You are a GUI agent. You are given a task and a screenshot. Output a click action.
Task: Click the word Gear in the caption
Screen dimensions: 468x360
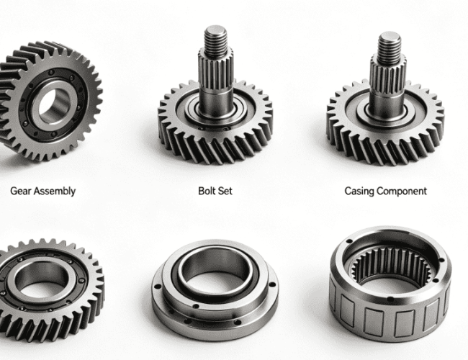coord(21,191)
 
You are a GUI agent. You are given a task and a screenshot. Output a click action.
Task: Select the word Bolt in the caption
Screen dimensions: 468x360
coord(207,191)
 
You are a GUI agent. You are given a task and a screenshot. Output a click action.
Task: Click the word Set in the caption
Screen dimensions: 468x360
coord(225,191)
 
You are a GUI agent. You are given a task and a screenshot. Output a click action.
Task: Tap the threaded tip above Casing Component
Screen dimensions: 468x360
coord(390,44)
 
